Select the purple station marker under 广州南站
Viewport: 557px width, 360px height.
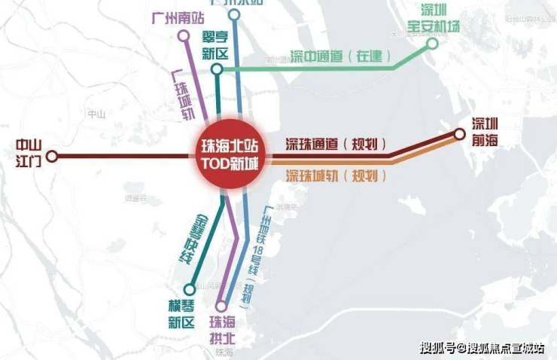(x=184, y=35)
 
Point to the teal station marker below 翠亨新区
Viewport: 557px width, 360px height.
(x=217, y=69)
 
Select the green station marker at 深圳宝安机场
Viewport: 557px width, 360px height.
(x=432, y=43)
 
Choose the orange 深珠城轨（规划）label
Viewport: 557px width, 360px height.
(x=336, y=176)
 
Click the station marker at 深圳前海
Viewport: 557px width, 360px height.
(x=459, y=136)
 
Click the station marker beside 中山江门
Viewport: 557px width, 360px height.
(x=52, y=157)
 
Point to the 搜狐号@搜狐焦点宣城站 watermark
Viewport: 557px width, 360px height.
(x=482, y=347)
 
